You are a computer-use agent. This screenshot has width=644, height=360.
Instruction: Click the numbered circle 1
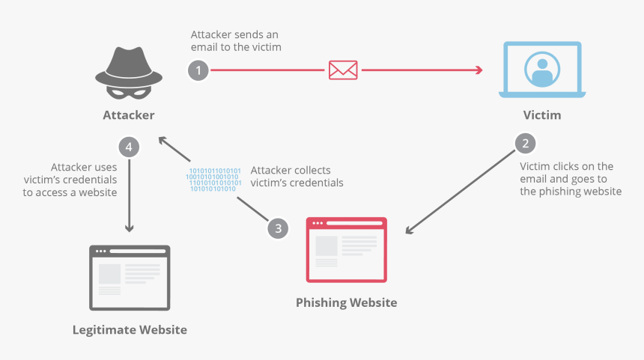click(198, 70)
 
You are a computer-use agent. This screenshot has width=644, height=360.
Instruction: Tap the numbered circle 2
click(525, 143)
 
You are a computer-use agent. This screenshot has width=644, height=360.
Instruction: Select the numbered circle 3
click(278, 228)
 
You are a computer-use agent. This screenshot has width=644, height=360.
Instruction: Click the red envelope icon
click(343, 70)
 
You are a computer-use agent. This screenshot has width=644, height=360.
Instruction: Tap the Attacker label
click(129, 115)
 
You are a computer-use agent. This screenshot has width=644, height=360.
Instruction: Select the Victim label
click(541, 115)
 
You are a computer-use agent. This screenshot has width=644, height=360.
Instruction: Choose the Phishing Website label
click(346, 302)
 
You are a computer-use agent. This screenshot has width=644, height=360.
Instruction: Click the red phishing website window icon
click(347, 250)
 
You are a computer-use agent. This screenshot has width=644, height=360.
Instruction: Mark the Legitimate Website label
click(130, 329)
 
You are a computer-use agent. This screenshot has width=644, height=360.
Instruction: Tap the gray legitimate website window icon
click(130, 277)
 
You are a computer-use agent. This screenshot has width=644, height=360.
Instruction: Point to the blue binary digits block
click(214, 180)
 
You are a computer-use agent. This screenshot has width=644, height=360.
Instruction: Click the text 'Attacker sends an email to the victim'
click(236, 41)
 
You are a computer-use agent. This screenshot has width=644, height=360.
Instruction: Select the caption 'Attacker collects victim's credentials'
click(297, 177)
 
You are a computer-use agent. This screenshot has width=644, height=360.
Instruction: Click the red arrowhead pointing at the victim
click(477, 70)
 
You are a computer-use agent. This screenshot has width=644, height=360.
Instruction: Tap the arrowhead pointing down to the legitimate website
click(129, 227)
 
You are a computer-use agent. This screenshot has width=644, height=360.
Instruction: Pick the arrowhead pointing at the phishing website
click(410, 229)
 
